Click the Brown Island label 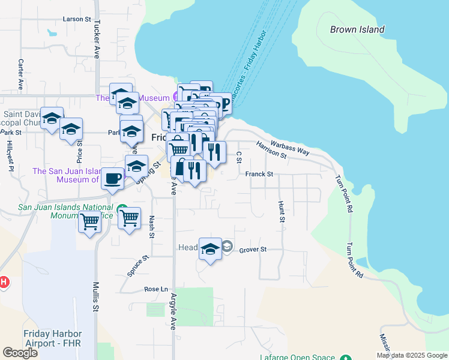357,29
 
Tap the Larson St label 76,19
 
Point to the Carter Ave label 20,74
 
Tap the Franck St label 259,174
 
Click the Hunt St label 282,212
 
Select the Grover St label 253,249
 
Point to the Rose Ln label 155,289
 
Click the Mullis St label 95,296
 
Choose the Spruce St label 137,267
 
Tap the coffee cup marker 112,178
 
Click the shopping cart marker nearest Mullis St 90,221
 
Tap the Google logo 20,352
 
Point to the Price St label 79,153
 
